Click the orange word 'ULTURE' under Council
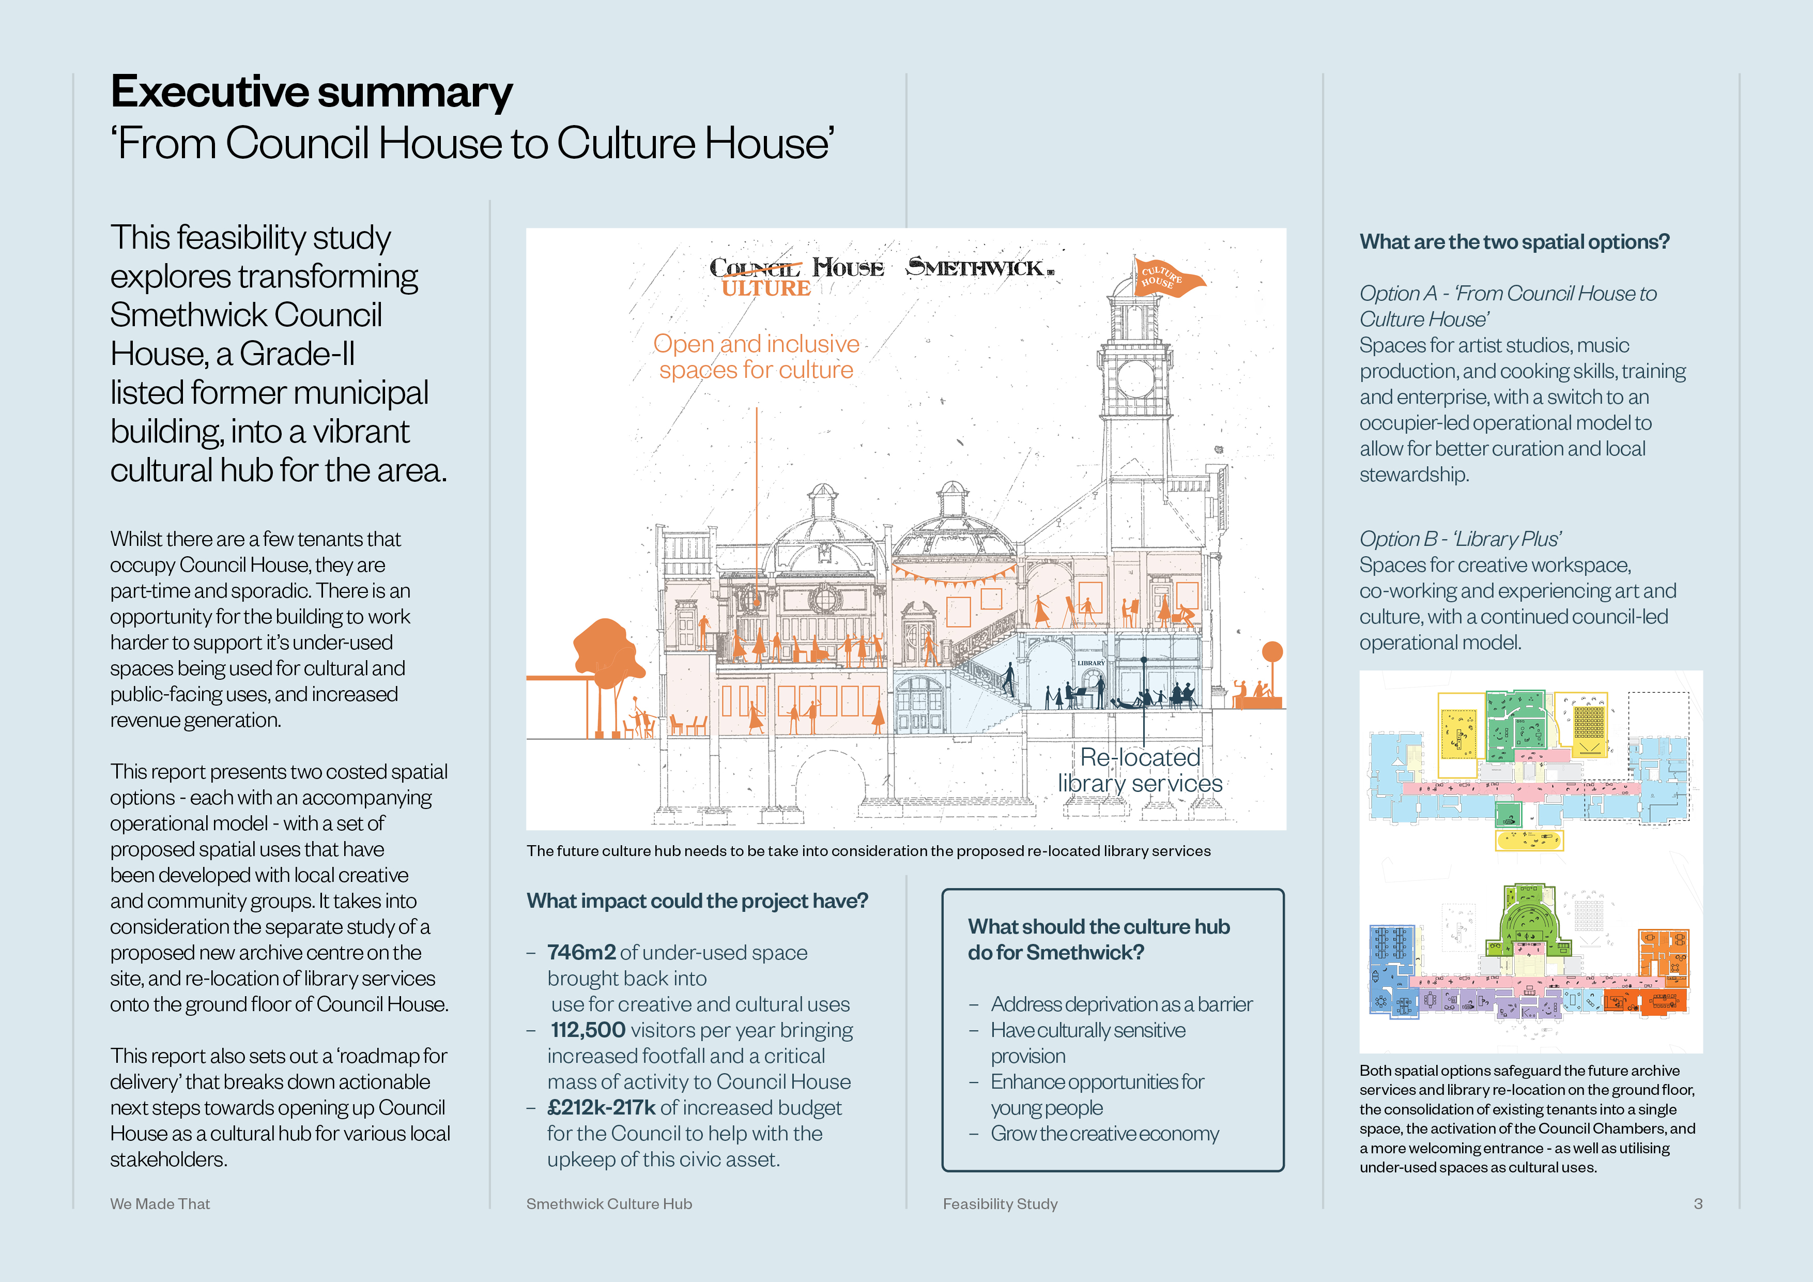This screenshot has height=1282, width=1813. tap(766, 288)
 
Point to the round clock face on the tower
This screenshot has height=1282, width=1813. tap(1135, 378)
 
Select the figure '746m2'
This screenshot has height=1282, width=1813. tap(581, 953)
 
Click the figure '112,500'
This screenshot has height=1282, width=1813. tap(588, 1030)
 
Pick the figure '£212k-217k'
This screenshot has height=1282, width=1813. tap(601, 1107)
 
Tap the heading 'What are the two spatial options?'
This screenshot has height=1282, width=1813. tap(1514, 242)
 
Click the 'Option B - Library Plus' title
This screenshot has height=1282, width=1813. tap(1460, 539)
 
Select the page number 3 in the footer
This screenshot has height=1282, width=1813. tap(1698, 1204)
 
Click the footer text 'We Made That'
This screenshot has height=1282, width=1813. tap(160, 1204)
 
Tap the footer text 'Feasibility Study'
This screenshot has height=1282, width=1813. tap(1000, 1204)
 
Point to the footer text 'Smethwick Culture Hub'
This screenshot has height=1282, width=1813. tap(609, 1204)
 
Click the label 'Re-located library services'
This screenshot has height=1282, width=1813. tap(1140, 770)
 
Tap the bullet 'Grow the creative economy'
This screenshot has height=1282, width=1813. tap(1104, 1134)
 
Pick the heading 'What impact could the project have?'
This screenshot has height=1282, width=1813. tap(697, 901)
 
